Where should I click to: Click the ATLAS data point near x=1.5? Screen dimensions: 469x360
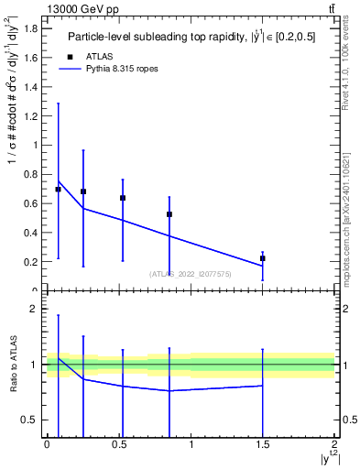[263, 258]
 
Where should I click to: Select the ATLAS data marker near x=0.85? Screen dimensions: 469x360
[169, 214]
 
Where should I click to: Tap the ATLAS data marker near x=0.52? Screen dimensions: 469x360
[123, 198]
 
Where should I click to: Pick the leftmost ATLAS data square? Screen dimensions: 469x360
[59, 190]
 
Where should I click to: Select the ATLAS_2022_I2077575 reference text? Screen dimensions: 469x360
[191, 273]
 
